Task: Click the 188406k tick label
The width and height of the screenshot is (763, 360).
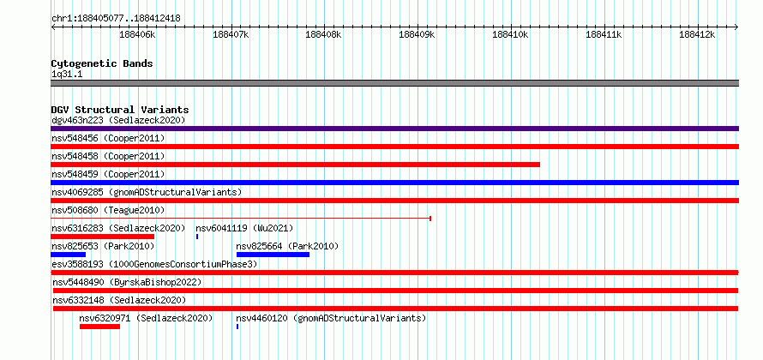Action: pyautogui.click(x=137, y=34)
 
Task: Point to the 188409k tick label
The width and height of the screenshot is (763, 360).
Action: pyautogui.click(x=417, y=34)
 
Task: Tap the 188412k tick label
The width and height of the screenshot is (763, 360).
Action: pyautogui.click(x=697, y=34)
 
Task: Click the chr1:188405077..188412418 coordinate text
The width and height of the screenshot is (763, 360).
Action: pyautogui.click(x=116, y=19)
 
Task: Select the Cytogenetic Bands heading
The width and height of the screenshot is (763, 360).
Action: pyautogui.click(x=102, y=63)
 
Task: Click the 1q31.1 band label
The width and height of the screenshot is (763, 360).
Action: pyautogui.click(x=67, y=74)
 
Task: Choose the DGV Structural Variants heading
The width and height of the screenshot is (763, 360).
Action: pyautogui.click(x=120, y=110)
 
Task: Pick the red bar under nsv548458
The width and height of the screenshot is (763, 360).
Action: pyautogui.click(x=296, y=165)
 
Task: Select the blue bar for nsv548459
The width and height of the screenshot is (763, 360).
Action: pyautogui.click(x=394, y=183)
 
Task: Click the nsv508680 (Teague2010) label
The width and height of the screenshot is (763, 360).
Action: pyautogui.click(x=108, y=210)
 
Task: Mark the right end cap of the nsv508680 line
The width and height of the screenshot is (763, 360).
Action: pyautogui.click(x=430, y=219)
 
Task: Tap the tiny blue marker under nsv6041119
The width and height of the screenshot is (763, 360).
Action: pyautogui.click(x=197, y=237)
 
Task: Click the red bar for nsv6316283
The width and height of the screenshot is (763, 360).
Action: pyautogui.click(x=102, y=237)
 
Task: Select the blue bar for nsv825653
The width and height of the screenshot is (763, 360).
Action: pyautogui.click(x=68, y=255)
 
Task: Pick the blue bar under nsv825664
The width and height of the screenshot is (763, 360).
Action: pyautogui.click(x=273, y=255)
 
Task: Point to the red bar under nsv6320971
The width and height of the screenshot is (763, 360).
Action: pyautogui.click(x=99, y=327)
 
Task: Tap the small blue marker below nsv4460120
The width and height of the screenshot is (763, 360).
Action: pyautogui.click(x=237, y=327)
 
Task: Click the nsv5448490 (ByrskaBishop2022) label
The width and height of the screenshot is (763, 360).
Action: pyautogui.click(x=127, y=282)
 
